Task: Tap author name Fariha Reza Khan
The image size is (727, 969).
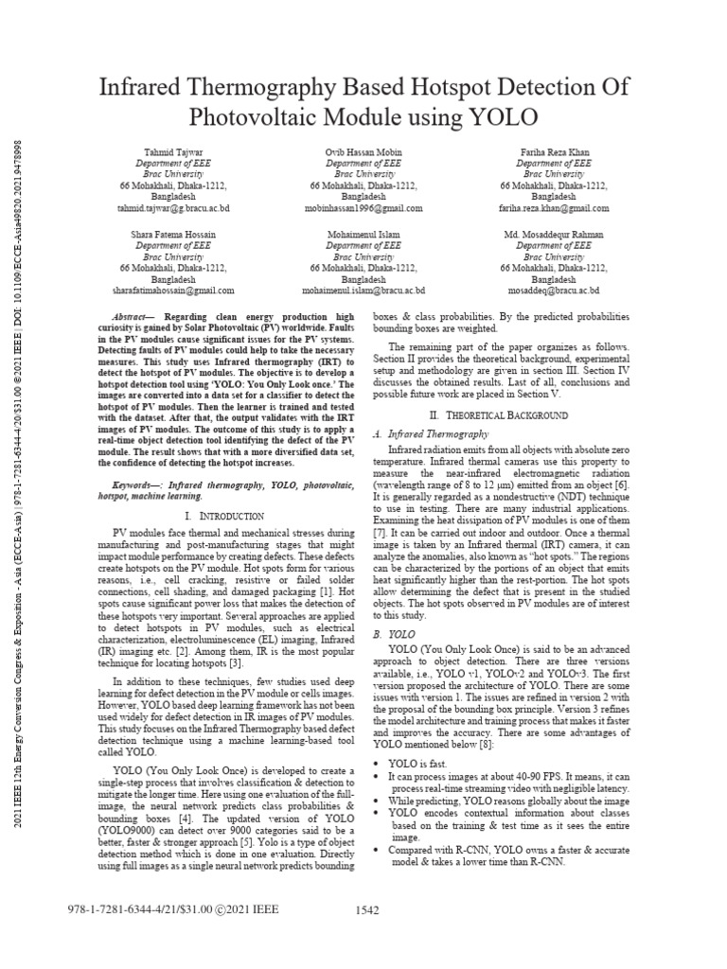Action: point(554,150)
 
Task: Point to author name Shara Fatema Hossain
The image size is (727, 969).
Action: point(172,234)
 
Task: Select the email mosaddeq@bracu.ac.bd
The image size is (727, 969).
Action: point(554,291)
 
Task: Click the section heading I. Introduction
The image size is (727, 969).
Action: point(224,516)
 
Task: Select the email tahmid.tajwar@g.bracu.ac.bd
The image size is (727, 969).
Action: point(172,208)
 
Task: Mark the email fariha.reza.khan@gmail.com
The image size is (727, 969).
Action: point(554,208)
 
